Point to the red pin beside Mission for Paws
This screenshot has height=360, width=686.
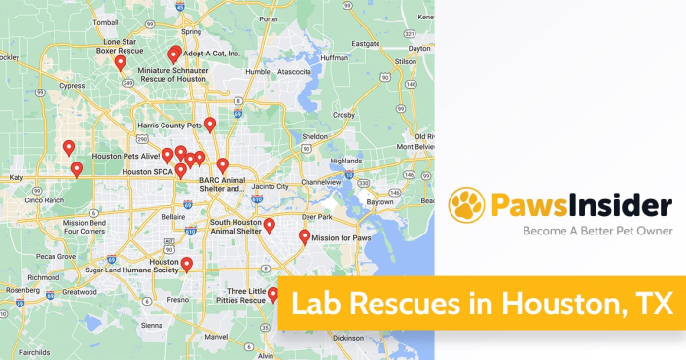[x=304, y=236]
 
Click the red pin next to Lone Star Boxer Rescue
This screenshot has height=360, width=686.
[x=121, y=63]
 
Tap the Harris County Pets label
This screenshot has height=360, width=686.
[x=169, y=126]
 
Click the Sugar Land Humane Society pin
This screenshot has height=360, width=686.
[x=187, y=264]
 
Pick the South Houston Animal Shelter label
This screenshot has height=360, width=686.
[x=222, y=227]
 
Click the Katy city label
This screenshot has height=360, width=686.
[x=17, y=178]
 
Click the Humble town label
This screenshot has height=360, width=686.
[x=257, y=71]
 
